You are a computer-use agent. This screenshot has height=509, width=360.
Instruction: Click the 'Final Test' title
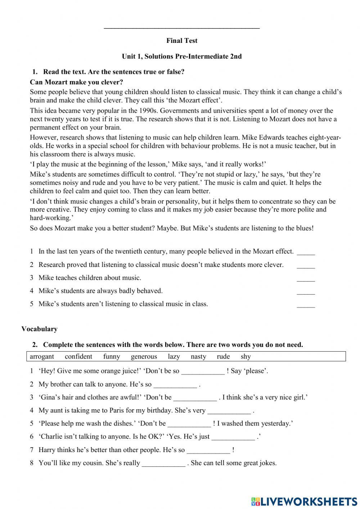(x=182, y=41)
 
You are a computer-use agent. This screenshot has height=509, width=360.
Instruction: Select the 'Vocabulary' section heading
(x=39, y=329)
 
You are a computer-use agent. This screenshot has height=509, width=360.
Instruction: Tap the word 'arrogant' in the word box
(x=42, y=357)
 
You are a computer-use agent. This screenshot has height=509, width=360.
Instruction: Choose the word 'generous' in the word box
(x=144, y=357)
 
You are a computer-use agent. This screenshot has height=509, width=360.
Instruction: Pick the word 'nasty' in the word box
(x=198, y=357)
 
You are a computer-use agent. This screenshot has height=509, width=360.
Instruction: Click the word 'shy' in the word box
(x=246, y=357)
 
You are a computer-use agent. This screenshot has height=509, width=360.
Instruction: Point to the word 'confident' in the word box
(x=78, y=357)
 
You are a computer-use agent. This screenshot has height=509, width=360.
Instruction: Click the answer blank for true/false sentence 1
(x=306, y=252)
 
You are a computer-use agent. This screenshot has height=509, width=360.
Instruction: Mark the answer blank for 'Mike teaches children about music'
(x=306, y=278)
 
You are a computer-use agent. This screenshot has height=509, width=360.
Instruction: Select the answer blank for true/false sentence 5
(x=306, y=305)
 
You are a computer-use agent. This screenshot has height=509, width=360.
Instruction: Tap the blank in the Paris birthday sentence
(x=229, y=411)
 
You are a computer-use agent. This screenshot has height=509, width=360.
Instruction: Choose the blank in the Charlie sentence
(x=233, y=437)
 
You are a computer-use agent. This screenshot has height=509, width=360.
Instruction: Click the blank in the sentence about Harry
(x=208, y=450)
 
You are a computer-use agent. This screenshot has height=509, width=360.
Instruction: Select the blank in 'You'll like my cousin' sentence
(x=163, y=464)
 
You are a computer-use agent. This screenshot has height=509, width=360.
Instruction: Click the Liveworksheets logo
(x=304, y=501)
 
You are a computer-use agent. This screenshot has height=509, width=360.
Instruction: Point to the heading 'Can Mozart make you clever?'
(x=76, y=82)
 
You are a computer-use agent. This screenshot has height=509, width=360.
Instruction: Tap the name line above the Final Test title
(x=182, y=28)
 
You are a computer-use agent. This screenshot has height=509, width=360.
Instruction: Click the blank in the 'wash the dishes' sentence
(x=189, y=424)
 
